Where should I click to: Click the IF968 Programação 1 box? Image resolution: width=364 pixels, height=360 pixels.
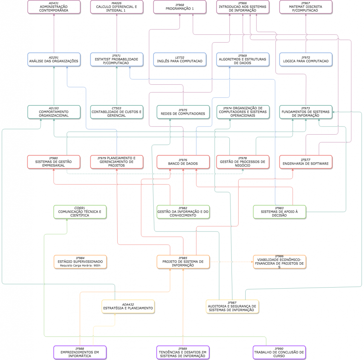[180, 7]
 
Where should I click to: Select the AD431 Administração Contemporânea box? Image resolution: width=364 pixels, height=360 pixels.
[54, 7]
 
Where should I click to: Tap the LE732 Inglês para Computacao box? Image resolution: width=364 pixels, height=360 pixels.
[180, 59]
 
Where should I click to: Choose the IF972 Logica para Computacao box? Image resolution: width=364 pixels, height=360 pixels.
[306, 59]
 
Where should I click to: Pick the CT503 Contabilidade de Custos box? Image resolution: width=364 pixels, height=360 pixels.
[117, 112]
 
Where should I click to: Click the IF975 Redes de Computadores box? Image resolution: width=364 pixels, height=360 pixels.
[183, 112]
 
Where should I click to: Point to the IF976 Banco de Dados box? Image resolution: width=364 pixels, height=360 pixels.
[183, 162]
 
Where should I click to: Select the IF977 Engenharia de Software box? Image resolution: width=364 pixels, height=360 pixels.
[306, 162]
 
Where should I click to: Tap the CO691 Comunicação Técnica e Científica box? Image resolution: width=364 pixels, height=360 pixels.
[80, 212]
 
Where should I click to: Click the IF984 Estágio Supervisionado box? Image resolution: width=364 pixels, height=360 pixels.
[80, 262]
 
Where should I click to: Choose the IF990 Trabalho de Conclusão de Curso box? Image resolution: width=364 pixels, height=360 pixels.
[279, 353]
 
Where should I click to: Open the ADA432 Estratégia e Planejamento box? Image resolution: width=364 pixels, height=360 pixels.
[128, 307]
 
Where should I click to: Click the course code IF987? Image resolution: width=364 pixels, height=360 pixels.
[232, 303]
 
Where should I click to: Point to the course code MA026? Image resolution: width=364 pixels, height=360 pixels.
[117, 3]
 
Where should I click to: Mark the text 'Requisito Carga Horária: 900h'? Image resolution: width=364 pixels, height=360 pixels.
[80, 265]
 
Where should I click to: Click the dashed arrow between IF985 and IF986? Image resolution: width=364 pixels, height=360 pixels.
[232, 262]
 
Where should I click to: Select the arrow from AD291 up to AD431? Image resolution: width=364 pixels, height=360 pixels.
[54, 33]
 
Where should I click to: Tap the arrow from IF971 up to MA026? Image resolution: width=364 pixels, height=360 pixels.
[117, 33]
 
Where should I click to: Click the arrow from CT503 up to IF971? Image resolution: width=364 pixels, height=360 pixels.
[117, 86]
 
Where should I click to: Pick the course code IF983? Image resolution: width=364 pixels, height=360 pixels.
[279, 208]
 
